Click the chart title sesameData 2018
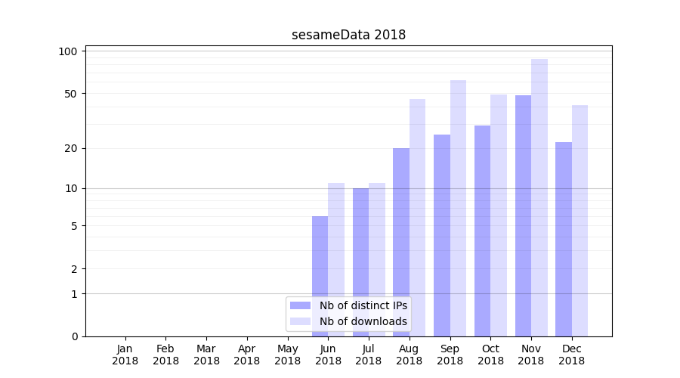point(348,35)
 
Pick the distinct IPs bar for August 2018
point(401,242)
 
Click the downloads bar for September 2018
point(458,208)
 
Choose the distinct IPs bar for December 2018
point(564,239)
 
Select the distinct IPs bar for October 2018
point(482,231)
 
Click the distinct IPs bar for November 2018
point(523,215)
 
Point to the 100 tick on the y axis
point(69,51)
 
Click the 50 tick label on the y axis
point(71,94)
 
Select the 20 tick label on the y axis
point(71,148)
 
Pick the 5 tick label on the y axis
point(74,226)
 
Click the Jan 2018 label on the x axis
point(125,355)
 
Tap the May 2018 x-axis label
point(288,355)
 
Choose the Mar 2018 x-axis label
point(206,355)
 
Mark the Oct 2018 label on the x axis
point(490,355)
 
